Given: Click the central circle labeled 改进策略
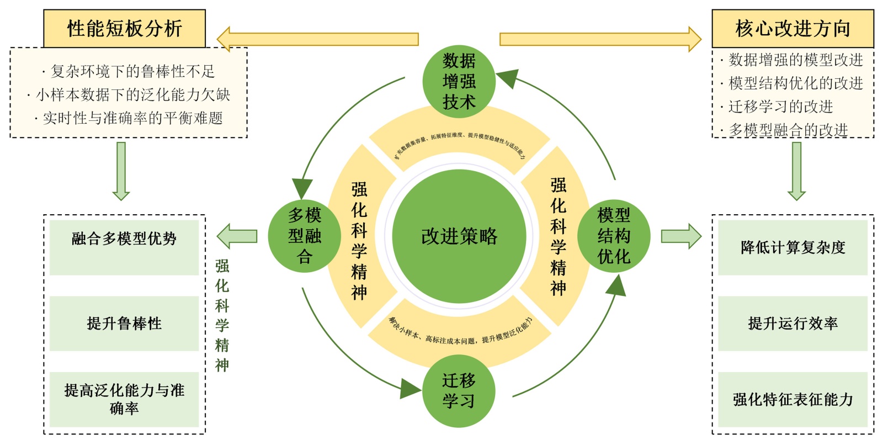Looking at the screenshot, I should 459,236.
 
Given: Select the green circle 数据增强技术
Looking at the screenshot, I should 459,81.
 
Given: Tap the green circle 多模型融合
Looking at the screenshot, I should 304,236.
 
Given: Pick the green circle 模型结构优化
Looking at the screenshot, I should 614,236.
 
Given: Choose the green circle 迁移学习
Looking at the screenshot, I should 459,391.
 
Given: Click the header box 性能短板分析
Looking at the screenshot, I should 124,29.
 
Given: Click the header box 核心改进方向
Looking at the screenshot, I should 792,29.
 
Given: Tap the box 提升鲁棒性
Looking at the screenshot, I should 124,324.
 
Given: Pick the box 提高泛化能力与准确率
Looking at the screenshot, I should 124,399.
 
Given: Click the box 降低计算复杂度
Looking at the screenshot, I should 792,247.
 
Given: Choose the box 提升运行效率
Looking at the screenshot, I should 792,324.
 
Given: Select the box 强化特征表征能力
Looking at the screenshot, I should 792,399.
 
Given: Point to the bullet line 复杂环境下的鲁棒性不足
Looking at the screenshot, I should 129,71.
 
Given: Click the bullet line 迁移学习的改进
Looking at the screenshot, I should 780,107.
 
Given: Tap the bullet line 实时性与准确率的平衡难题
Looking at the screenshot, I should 129,118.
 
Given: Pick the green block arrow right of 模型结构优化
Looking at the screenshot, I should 680,236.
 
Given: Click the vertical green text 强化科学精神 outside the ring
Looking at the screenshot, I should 222,315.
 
